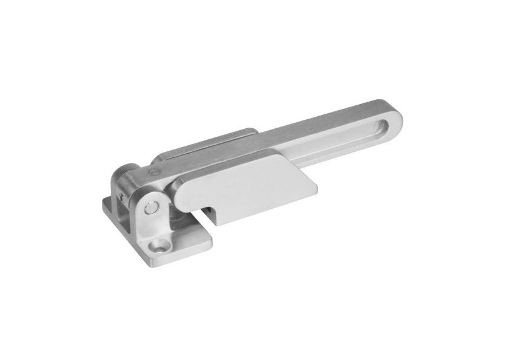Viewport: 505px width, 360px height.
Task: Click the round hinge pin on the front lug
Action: [x=149, y=208]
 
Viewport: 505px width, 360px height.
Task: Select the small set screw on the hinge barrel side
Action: [x=124, y=195]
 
